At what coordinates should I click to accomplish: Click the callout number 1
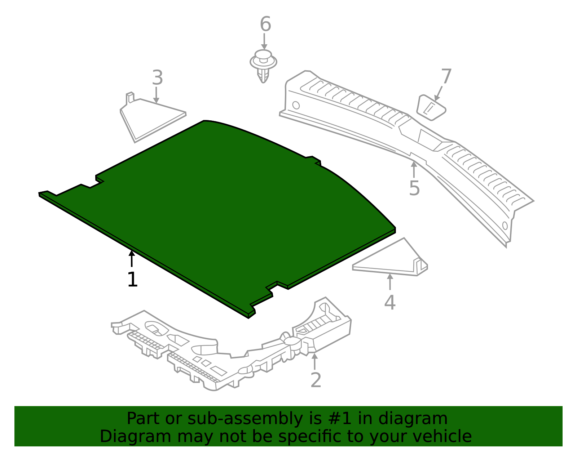point(132,280)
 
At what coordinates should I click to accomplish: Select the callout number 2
point(316,380)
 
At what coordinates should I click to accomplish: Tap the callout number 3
point(157,78)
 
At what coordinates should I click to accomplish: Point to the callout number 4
point(389,302)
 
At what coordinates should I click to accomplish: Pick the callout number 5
point(414,188)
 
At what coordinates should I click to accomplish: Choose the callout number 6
point(265,24)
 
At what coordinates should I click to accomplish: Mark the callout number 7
point(446,77)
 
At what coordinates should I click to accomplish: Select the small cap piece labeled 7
point(431,107)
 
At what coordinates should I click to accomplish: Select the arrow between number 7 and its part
point(439,93)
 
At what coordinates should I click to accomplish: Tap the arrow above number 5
point(414,169)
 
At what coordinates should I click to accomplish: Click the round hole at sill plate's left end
point(296,105)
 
